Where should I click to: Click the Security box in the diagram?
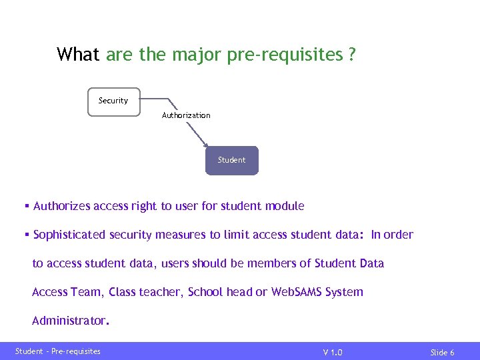tap(114, 102)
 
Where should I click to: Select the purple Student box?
tap(231, 161)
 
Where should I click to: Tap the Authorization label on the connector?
tap(186, 115)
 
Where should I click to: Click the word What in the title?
tap(78, 55)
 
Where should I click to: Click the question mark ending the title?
tap(351, 55)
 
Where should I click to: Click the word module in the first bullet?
tap(285, 206)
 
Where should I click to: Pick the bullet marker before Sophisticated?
tap(27, 235)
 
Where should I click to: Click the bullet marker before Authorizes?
tap(27, 206)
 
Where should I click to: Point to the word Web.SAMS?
tap(297, 292)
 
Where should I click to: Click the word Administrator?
tap(69, 321)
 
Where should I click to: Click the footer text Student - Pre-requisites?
tap(58, 351)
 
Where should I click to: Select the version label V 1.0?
tap(333, 352)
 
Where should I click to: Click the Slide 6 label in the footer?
tap(442, 352)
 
